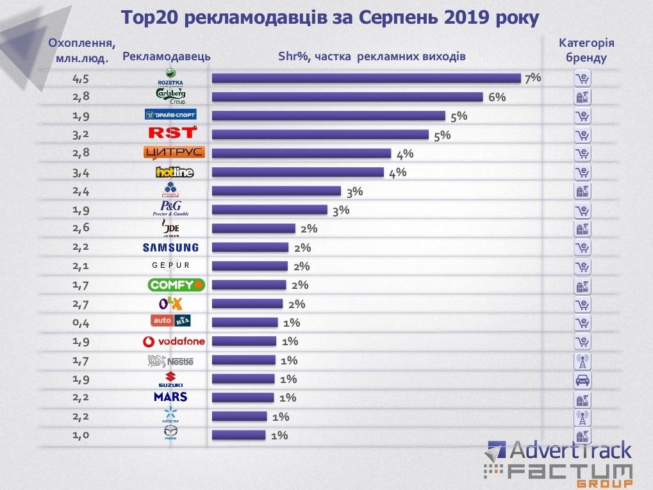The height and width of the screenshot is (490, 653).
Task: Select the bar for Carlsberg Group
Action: (x=347, y=97)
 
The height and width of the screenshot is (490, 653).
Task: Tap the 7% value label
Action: (x=533, y=78)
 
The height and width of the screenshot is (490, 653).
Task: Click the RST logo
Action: (x=171, y=133)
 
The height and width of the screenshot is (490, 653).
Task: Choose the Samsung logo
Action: (x=170, y=247)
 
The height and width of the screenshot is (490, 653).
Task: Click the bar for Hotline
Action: (x=297, y=172)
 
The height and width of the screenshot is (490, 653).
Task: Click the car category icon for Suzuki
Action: (x=582, y=380)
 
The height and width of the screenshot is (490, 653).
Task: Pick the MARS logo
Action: (x=170, y=397)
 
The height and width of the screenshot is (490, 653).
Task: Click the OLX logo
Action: (x=172, y=304)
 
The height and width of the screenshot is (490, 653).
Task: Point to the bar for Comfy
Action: (x=249, y=285)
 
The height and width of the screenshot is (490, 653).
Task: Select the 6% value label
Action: (x=497, y=97)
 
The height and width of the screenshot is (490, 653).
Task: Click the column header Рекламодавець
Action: (x=166, y=57)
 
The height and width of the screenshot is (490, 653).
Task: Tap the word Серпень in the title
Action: (x=392, y=17)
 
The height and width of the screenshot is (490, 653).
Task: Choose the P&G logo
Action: (x=170, y=209)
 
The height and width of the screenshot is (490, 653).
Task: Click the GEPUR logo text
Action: (x=171, y=266)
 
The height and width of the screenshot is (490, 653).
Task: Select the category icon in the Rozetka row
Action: (x=582, y=79)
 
